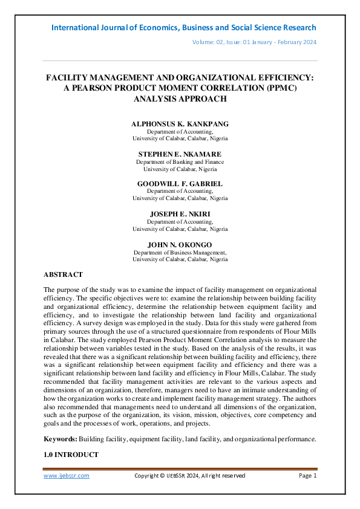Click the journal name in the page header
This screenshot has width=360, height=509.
183,28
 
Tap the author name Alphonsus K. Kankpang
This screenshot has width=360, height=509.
180,123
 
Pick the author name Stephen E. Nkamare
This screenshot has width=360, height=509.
180,154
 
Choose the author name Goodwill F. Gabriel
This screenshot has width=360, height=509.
180,183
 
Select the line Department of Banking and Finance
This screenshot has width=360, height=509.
180,161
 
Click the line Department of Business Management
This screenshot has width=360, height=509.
180,252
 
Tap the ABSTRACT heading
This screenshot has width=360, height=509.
63,274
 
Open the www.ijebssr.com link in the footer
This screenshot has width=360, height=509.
67,476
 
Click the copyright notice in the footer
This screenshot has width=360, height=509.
189,476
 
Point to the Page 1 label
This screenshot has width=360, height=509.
308,476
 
